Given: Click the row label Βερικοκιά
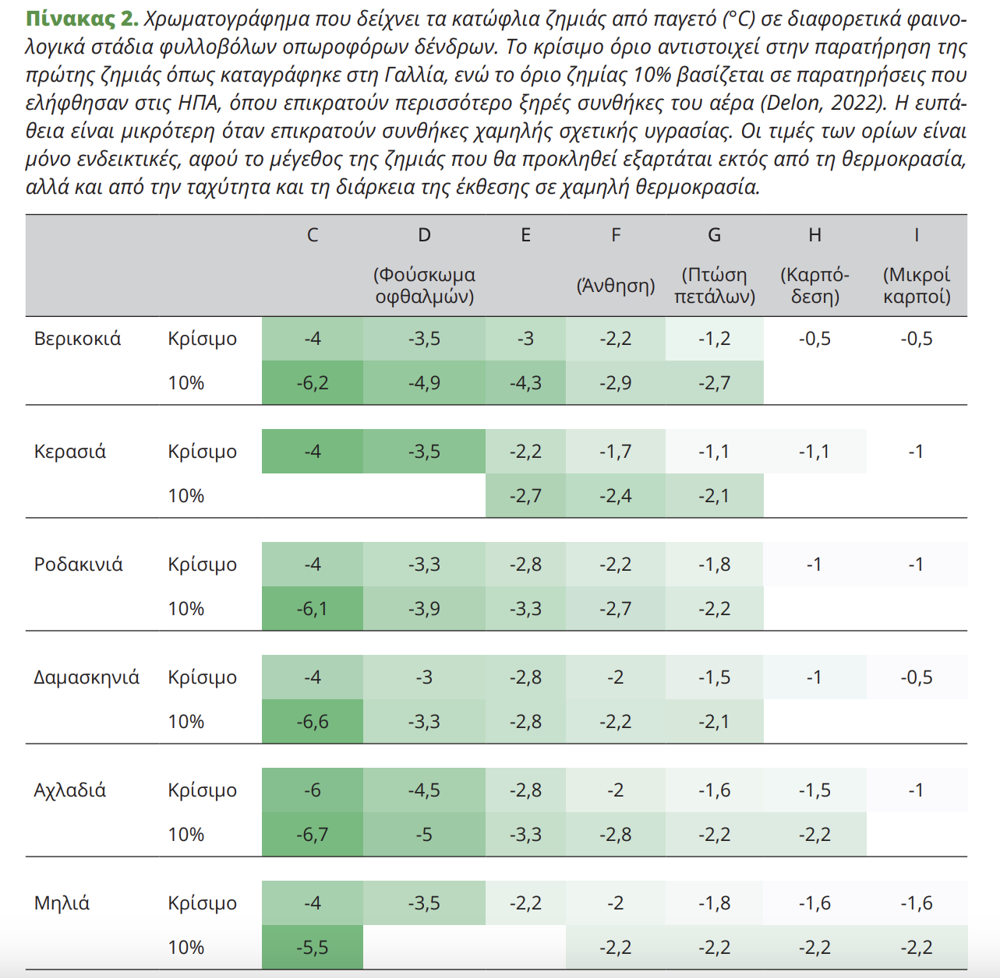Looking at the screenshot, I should tap(77, 339).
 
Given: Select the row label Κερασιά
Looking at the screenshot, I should tap(69, 452).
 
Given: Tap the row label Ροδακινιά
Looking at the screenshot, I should tap(78, 565).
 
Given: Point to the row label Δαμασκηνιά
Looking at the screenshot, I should tap(86, 677).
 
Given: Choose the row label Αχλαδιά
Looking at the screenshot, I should tap(69, 790).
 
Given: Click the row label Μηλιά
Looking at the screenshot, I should tap(62, 903).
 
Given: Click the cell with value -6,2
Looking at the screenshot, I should tap(313, 383).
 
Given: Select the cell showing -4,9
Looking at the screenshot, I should tap(424, 383).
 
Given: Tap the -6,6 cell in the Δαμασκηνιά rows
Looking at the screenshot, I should tap(313, 722).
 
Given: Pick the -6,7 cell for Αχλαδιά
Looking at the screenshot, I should tap(313, 835).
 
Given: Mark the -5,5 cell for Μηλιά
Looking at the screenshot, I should tap(313, 948).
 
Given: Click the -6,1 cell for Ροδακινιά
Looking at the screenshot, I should tap(313, 609).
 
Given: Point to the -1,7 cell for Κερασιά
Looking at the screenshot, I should tap(616, 452).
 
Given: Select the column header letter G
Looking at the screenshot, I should tap(714, 235).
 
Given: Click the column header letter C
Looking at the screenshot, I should tap(313, 235).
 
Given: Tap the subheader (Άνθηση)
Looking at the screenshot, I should tap(616, 286).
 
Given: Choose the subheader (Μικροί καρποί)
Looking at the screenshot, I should tap(917, 286).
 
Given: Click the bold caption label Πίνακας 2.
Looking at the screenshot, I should tap(81, 19).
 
